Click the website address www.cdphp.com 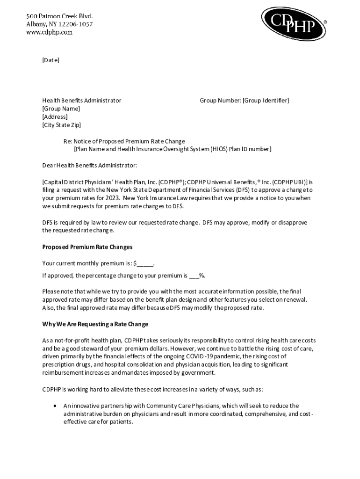[x=49, y=32]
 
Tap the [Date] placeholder [x=51, y=60]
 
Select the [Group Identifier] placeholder [x=266, y=101]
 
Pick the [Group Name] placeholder [x=61, y=109]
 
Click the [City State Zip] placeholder [x=62, y=125]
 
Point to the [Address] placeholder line [x=55, y=117]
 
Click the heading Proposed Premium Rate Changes [x=87, y=247]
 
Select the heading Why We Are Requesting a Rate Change [x=95, y=324]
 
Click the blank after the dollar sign [x=145, y=263]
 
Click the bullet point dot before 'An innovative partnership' [x=56, y=406]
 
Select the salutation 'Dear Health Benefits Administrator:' [x=90, y=165]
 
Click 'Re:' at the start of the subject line [x=68, y=141]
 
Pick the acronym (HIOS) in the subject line [x=220, y=149]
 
